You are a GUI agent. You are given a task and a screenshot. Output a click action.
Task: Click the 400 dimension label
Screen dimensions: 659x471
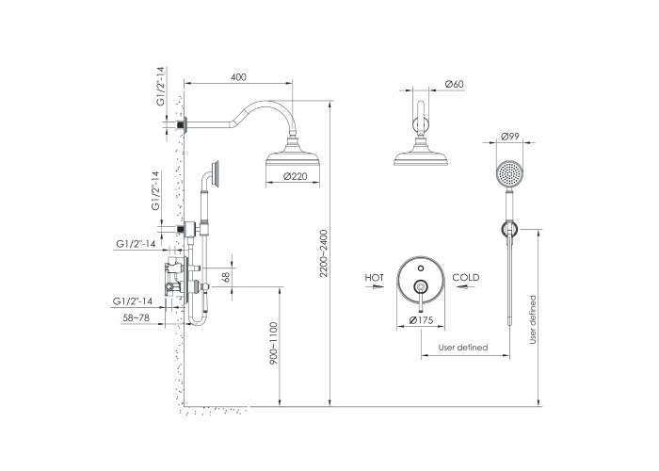pyautogui.click(x=238, y=77)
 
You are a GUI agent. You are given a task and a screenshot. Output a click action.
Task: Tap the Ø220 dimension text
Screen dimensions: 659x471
pyautogui.click(x=295, y=177)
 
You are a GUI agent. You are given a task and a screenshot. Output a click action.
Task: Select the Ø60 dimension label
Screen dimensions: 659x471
pyautogui.click(x=454, y=84)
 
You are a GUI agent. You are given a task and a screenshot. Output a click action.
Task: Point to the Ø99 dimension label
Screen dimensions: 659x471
pyautogui.click(x=510, y=137)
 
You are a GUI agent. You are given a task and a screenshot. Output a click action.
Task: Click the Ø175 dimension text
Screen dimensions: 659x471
pyautogui.click(x=421, y=320)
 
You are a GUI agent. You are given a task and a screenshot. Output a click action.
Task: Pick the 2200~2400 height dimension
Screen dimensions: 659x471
pyautogui.click(x=323, y=253)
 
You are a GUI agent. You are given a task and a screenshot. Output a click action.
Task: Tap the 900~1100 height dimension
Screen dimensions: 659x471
pyautogui.click(x=274, y=343)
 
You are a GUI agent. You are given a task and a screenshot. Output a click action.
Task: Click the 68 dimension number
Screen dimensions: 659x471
pyautogui.click(x=226, y=277)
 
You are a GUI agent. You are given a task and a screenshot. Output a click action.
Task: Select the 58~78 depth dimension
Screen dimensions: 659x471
pyautogui.click(x=136, y=318)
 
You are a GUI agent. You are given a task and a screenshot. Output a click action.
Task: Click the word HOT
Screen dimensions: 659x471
pyautogui.click(x=374, y=278)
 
